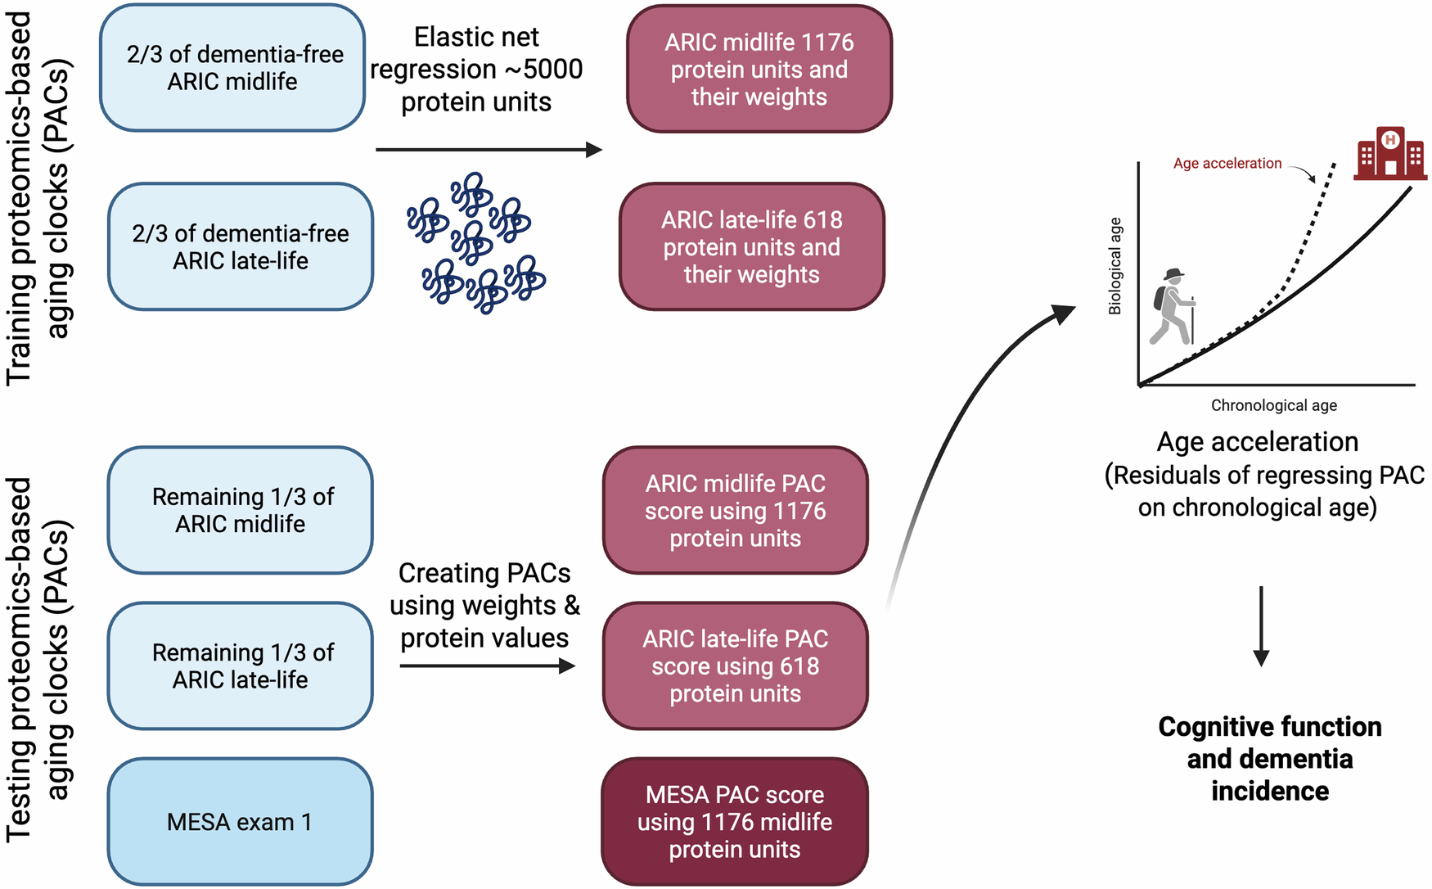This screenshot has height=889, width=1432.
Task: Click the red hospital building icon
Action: tap(1389, 154)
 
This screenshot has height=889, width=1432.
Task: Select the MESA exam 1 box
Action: tap(240, 821)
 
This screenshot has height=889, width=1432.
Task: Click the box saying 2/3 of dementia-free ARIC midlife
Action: tap(232, 68)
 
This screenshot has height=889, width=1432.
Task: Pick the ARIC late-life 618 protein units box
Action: tap(751, 246)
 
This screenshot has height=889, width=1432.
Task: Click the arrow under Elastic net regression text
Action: tap(489, 150)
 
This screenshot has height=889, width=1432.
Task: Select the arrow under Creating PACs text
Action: tap(487, 666)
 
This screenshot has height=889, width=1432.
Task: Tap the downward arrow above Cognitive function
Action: tap(1261, 626)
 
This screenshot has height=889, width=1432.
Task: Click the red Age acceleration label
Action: tap(1227, 164)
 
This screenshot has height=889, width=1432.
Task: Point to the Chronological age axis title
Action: tap(1273, 405)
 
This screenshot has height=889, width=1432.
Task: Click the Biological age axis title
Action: tap(1115, 267)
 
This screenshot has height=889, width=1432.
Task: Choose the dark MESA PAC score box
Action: tap(734, 821)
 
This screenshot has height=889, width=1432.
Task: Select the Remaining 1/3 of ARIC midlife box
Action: tap(240, 510)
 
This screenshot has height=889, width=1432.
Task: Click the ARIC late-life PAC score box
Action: tap(735, 666)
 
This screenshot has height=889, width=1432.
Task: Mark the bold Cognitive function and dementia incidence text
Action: tap(1269, 759)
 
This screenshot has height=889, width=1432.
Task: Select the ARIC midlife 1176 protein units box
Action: tap(759, 69)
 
